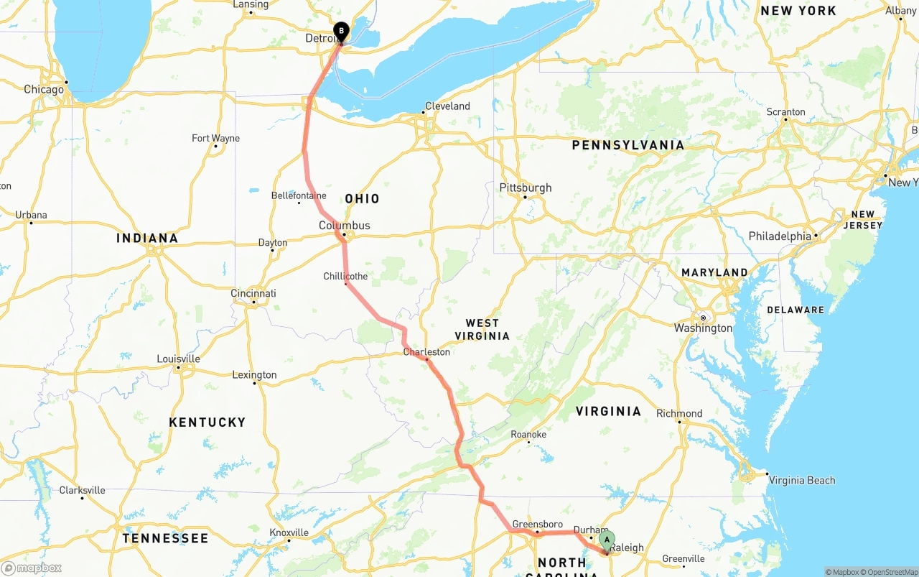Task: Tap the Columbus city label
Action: (345, 226)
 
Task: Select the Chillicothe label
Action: (345, 276)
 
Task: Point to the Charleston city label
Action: (426, 352)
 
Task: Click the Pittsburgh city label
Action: (526, 188)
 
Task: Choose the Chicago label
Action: (44, 89)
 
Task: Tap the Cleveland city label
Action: (447, 106)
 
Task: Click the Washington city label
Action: (703, 328)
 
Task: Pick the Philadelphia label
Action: (780, 236)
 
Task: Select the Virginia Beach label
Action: (801, 480)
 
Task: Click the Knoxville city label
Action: (289, 532)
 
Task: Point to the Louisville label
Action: (178, 359)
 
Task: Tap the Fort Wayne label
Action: (215, 138)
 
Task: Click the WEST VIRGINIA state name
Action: (482, 329)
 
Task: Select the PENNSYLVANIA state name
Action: (628, 145)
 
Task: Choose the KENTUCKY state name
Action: (207, 422)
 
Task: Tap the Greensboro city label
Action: (537, 525)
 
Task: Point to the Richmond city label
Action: (679, 413)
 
